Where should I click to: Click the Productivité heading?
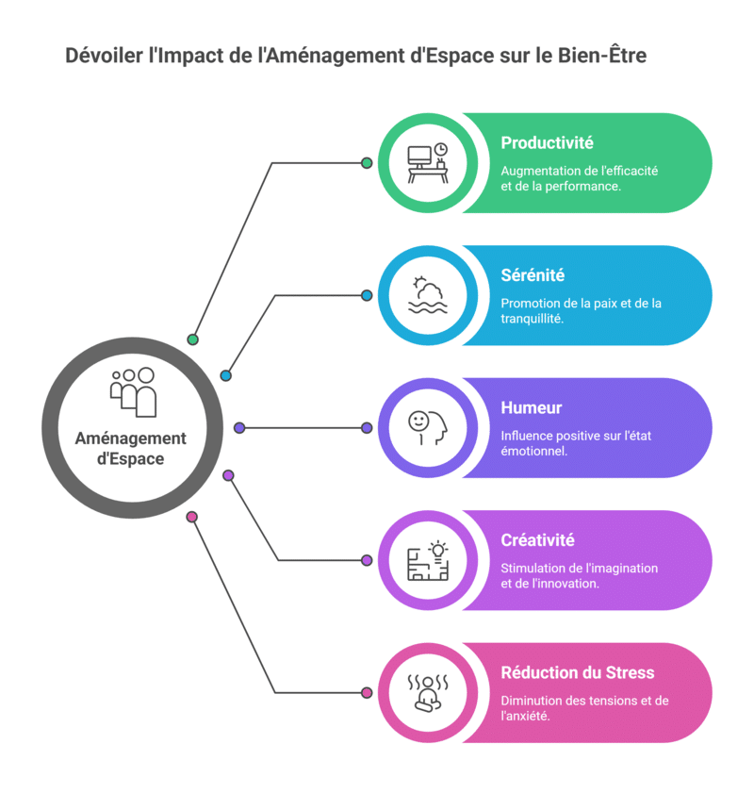547,143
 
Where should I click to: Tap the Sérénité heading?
533,275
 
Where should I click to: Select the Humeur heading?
532,408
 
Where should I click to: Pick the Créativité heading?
538,540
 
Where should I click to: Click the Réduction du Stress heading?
578,672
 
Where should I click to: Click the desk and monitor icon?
427,163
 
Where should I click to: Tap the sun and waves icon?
427,295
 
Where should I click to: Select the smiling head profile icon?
427,428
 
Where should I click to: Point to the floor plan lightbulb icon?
427,560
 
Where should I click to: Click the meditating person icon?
427,693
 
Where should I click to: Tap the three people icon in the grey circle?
133,391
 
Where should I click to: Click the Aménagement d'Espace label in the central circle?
131,449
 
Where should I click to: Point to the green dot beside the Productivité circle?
367,163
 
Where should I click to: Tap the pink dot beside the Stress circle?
367,693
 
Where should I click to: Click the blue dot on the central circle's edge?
225,375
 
